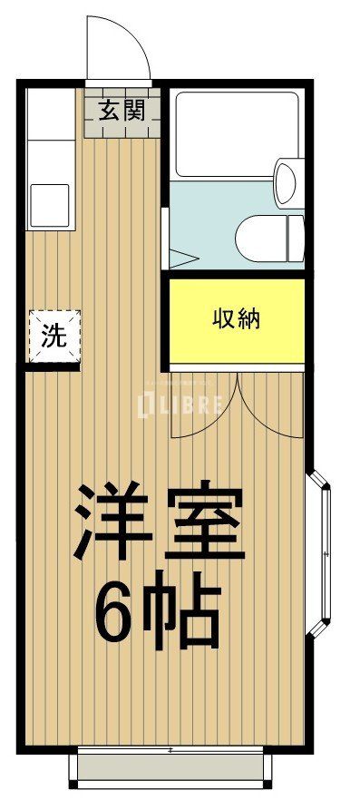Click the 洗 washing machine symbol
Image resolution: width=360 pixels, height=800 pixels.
(54, 336)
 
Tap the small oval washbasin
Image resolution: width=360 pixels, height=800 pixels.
(286, 181)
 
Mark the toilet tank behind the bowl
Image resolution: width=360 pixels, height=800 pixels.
(296, 239)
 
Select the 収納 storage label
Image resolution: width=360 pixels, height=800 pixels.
(237, 319)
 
